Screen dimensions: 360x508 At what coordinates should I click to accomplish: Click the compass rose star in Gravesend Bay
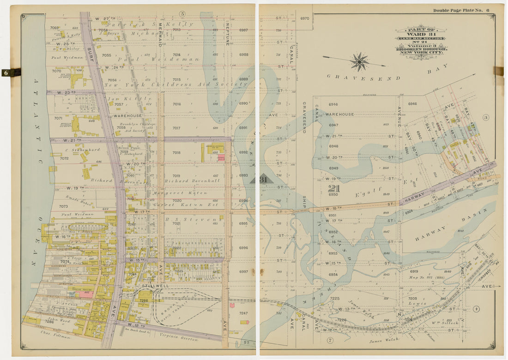tap(359, 61)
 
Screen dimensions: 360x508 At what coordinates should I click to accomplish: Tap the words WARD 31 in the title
tap(420, 34)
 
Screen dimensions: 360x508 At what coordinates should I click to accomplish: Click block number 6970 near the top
tap(304, 18)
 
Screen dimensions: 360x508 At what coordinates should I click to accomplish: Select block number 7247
tap(243, 313)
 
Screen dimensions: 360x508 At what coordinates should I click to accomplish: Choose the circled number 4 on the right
tap(476, 309)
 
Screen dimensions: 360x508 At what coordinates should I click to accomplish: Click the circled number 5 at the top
tap(182, 14)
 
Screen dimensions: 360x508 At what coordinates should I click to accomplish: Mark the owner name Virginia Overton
tap(178, 338)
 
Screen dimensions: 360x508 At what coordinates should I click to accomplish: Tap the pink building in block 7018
tap(221, 157)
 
